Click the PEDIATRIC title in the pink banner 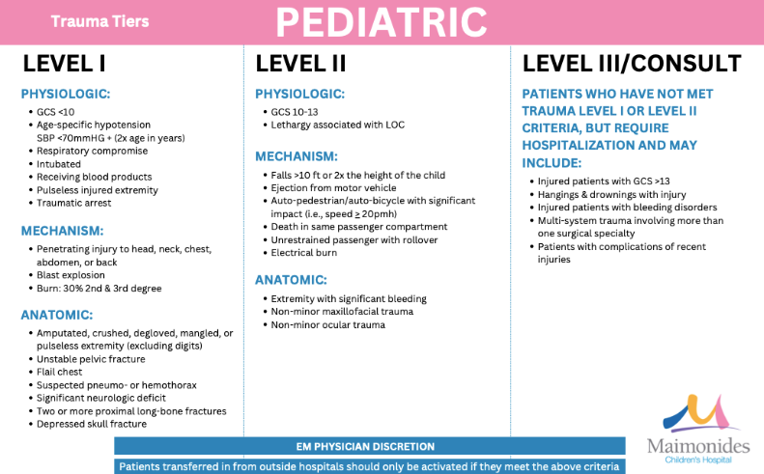(382, 20)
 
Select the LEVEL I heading (64, 64)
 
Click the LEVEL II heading (299, 64)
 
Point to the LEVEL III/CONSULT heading (632, 64)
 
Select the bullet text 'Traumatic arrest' (73, 204)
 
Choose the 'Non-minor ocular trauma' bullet (327, 324)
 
